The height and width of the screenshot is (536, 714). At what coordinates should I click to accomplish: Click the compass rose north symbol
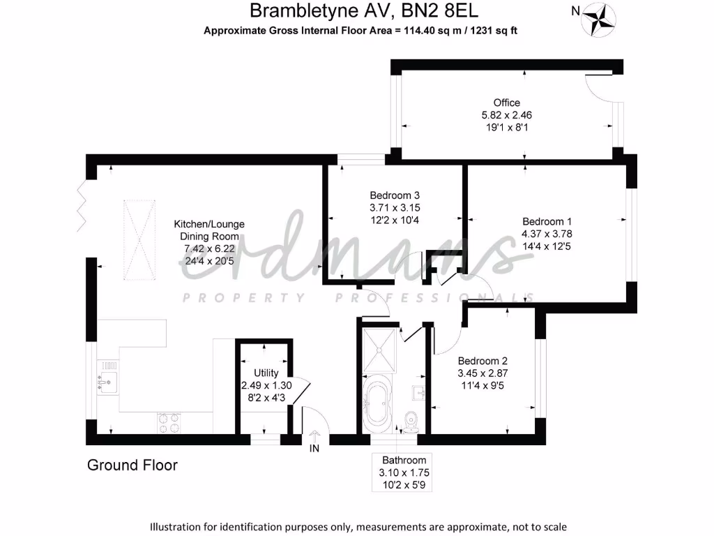point(597,20)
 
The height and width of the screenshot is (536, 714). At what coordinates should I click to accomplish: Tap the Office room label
point(506,103)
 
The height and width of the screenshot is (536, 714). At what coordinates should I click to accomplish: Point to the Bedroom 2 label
point(482,361)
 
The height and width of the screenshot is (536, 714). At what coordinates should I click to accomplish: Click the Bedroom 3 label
point(395,195)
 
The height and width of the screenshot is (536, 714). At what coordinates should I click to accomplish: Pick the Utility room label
point(266,373)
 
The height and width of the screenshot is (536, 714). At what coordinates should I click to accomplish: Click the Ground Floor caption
point(132,465)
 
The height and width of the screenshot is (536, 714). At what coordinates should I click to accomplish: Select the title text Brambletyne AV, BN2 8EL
point(364,11)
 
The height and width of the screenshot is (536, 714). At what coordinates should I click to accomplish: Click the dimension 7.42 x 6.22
point(208,248)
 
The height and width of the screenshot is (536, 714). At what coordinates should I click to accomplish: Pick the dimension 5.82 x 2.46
point(506,115)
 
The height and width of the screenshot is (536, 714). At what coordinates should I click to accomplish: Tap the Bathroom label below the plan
point(404,460)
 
